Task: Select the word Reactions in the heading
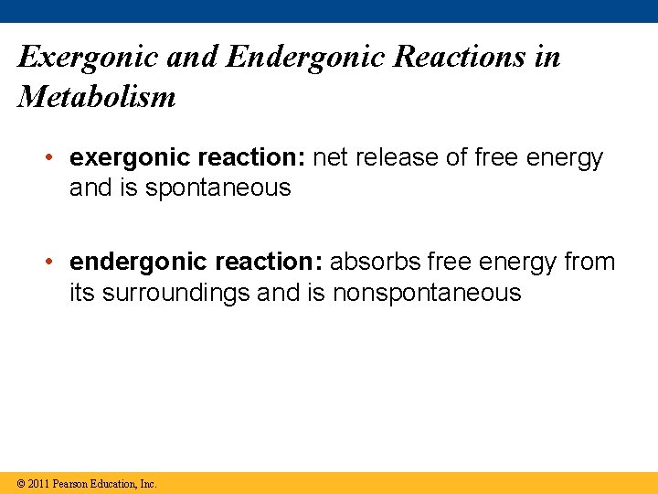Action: tap(471, 58)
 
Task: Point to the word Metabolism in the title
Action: tap(97, 96)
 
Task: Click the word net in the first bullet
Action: tap(331, 158)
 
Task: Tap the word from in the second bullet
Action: tap(590, 263)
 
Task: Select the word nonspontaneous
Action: tap(427, 294)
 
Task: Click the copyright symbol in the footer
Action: tap(20, 484)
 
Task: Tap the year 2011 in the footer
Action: tap(38, 484)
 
